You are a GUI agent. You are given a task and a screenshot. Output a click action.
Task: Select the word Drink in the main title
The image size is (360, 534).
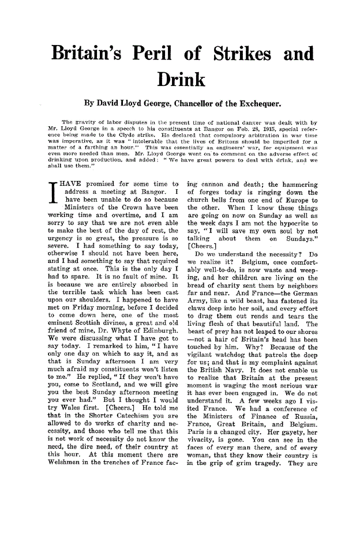pyautogui.click(x=179, y=79)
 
